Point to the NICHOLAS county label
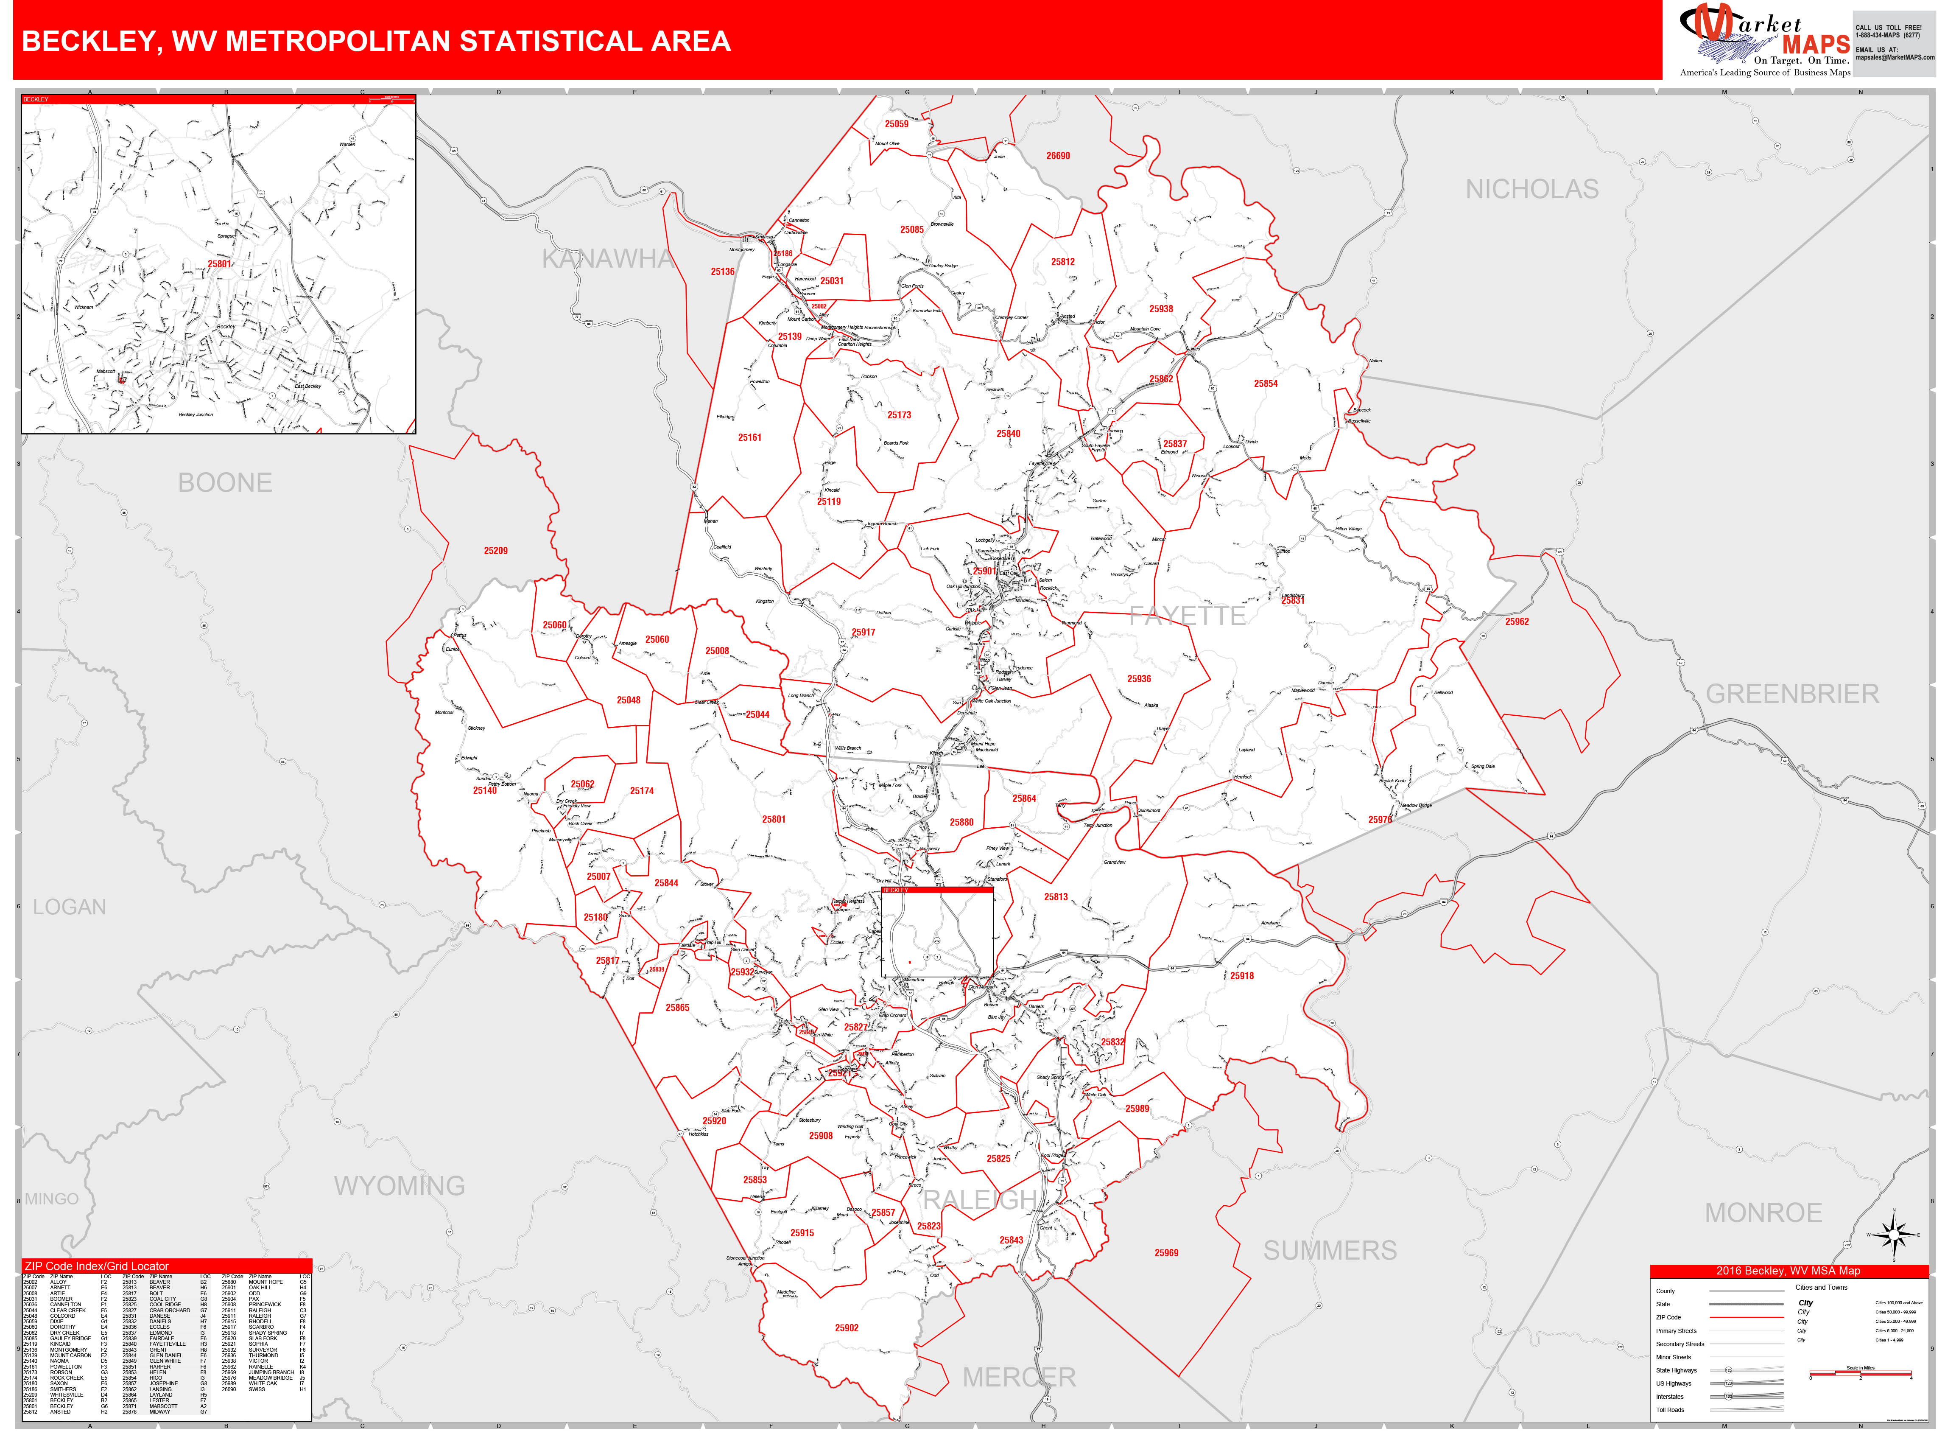pos(1531,189)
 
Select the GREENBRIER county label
pos(1792,694)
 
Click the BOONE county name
pos(225,482)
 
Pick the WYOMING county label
pos(399,1186)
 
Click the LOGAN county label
pos(69,907)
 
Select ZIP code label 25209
pos(495,551)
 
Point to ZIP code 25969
pos(1165,1252)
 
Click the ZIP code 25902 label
pos(846,1328)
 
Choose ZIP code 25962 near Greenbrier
pos(1516,622)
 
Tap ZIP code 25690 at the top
pos(1057,156)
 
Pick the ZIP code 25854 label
pos(1265,384)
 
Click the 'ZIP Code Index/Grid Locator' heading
pos(97,1266)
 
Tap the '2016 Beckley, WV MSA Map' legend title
pos(1788,1271)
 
